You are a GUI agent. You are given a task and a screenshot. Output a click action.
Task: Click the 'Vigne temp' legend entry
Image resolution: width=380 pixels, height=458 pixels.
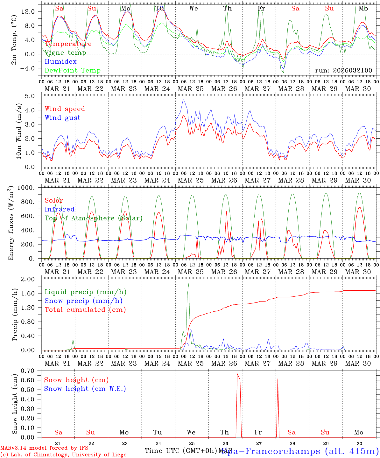65,53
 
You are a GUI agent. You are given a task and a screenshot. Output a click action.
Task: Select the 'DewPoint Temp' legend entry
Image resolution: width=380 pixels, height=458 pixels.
73,71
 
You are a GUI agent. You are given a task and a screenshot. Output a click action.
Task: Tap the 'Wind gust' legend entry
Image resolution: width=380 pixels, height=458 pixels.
62,118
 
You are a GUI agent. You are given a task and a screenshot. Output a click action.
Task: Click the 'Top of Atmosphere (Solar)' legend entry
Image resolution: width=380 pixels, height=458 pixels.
94,218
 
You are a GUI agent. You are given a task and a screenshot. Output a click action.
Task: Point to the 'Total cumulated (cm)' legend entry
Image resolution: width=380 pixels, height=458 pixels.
85,310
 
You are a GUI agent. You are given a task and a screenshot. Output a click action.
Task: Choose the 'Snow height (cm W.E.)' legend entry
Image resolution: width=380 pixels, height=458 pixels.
85,389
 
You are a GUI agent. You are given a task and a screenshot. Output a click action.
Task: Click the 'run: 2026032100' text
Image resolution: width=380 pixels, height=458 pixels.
343,71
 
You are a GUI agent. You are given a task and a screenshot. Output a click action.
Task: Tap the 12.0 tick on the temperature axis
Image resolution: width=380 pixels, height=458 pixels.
32,11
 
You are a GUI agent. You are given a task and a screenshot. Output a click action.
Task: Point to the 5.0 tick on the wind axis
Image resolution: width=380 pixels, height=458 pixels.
34,96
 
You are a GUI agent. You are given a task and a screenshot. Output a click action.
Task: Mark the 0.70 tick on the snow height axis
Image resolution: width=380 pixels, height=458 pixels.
32,371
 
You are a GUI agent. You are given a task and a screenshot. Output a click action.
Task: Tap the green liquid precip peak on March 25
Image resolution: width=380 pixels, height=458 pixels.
188,284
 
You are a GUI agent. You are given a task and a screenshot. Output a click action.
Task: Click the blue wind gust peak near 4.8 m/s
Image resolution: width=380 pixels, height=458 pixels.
183,100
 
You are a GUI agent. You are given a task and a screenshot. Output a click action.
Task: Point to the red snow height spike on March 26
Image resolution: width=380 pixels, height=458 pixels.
237,374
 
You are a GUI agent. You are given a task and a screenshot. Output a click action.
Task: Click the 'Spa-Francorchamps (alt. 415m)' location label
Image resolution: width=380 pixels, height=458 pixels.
300,451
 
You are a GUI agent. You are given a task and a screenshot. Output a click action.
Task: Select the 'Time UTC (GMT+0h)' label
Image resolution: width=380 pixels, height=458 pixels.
181,451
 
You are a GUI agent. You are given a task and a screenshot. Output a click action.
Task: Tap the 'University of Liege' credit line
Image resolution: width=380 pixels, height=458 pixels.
64,455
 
